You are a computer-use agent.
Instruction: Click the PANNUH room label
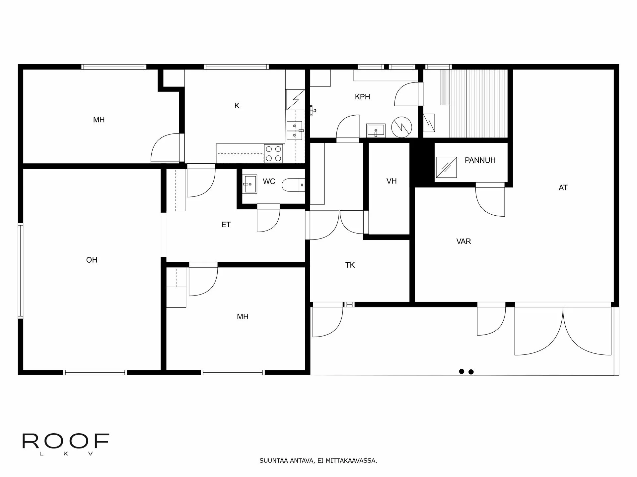coord(480,160)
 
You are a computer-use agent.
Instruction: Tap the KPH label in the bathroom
coord(362,97)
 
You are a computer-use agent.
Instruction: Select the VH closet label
coord(391,181)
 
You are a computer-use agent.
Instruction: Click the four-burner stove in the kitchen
coord(274,154)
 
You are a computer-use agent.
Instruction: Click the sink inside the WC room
coord(249,184)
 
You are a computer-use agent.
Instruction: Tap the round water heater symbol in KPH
coord(401,127)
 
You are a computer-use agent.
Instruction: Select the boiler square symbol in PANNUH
coord(446,168)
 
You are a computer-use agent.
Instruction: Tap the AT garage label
coord(563,188)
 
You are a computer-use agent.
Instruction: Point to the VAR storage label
coord(463,241)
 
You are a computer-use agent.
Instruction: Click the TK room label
coord(350,265)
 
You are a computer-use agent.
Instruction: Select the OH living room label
coord(92,260)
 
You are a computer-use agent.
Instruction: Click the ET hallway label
coord(226,225)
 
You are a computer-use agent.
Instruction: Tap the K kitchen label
coord(237,106)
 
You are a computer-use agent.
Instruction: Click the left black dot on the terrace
coord(461,371)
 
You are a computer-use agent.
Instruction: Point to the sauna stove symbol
coord(429,123)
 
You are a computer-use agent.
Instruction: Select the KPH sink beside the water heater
coord(376,130)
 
